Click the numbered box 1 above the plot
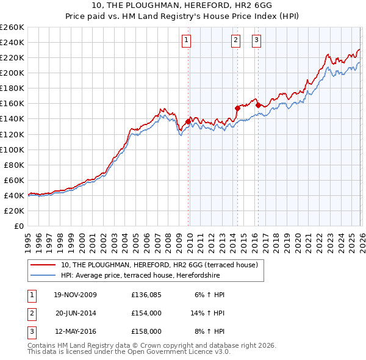pyautogui.click(x=186, y=41)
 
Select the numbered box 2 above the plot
pyautogui.click(x=235, y=41)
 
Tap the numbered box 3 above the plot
pyautogui.click(x=256, y=41)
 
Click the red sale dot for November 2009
pyautogui.click(x=188, y=121)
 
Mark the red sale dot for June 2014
pyautogui.click(x=237, y=108)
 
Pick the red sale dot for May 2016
pyautogui.click(x=258, y=105)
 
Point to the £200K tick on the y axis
pyautogui.click(x=12, y=73)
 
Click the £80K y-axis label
pyautogui.click(x=14, y=165)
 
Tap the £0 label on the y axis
pyautogui.click(x=20, y=226)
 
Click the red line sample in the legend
pyautogui.click(x=44, y=265)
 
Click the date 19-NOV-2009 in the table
pyautogui.click(x=76, y=295)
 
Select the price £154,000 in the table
pyautogui.click(x=146, y=313)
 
